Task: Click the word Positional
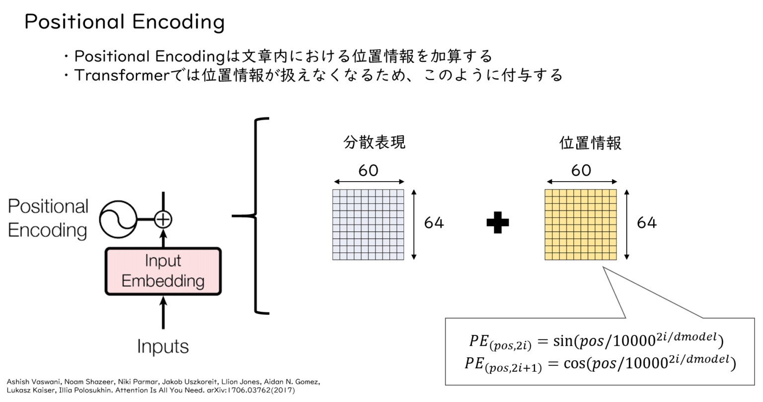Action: (x=48, y=206)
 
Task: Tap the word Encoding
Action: (x=47, y=230)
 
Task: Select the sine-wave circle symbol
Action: (x=118, y=219)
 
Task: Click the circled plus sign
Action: (x=163, y=219)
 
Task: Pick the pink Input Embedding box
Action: (x=163, y=271)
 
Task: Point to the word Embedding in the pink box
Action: (x=163, y=281)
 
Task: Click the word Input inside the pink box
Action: (x=163, y=261)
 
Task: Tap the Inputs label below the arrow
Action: (x=163, y=346)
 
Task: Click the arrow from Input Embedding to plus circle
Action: (x=163, y=238)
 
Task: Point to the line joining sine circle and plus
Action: (x=145, y=219)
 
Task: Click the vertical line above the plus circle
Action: (x=163, y=201)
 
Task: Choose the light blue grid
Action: (x=368, y=224)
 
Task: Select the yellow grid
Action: (x=581, y=224)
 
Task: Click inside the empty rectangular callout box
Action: (x=600, y=351)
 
